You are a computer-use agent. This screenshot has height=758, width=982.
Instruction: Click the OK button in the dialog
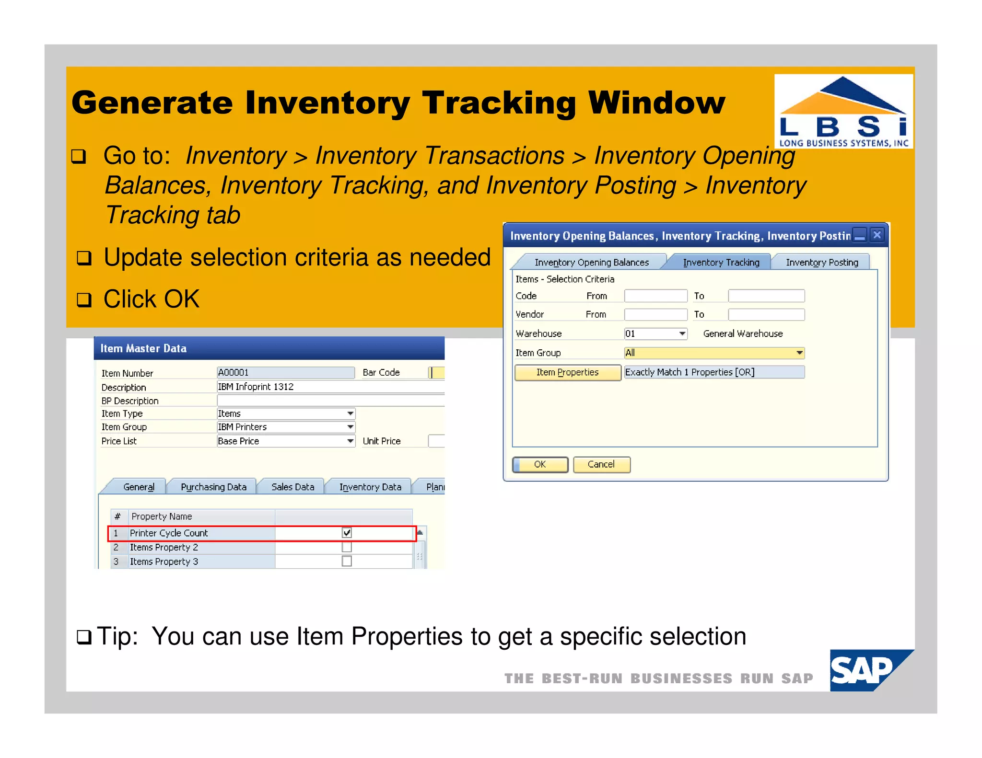coord(540,464)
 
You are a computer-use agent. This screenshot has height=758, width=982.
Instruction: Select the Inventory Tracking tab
coord(721,262)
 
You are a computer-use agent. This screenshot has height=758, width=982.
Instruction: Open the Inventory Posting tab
coord(821,262)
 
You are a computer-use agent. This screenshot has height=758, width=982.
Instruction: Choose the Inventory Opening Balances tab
coord(591,262)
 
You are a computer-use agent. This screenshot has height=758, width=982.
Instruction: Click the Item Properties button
coord(567,372)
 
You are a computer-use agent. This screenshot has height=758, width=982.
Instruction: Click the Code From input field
coord(655,296)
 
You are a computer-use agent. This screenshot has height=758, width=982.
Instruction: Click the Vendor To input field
coord(766,315)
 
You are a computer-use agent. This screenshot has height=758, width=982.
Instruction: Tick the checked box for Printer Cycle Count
coord(347,533)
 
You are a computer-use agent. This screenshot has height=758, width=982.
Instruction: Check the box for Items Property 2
coord(347,547)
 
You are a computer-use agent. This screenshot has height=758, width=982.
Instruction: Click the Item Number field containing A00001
coord(285,373)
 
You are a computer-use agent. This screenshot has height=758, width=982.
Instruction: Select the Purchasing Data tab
coord(213,487)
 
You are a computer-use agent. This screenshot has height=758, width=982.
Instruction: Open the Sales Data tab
coord(292,487)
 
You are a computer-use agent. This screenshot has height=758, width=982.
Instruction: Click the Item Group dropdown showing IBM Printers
coord(286,427)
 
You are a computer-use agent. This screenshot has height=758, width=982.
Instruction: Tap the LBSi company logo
coord(843,111)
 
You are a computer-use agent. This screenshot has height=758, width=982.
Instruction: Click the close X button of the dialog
coord(877,235)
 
